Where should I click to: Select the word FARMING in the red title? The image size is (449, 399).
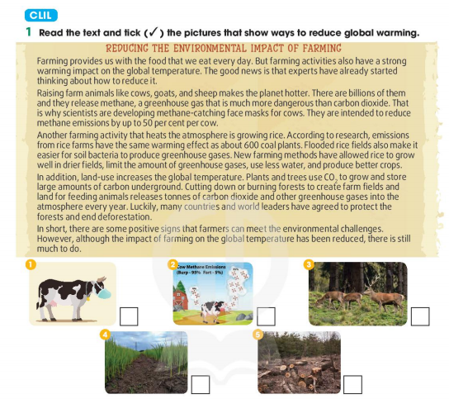[318, 49]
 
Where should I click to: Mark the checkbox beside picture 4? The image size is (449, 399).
[199, 384]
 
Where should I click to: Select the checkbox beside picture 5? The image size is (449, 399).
[352, 384]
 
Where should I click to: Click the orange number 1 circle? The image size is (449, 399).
[31, 264]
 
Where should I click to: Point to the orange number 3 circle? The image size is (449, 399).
[309, 264]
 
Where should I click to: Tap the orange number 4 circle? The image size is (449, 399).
[105, 335]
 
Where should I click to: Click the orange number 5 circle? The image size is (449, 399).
[258, 335]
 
